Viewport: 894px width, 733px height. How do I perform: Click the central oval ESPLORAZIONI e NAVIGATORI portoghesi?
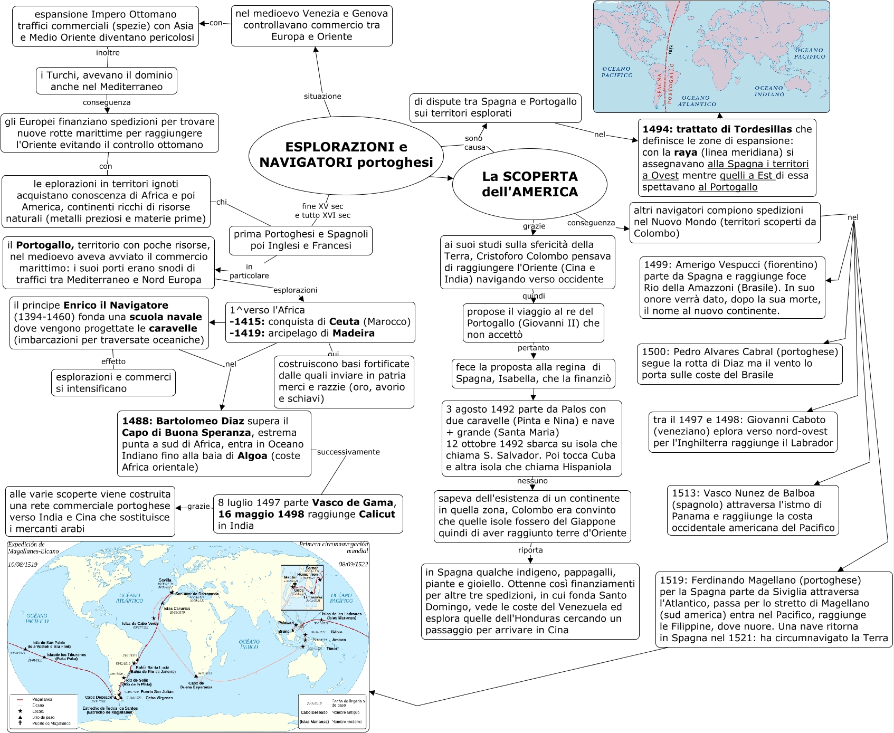pos(346,154)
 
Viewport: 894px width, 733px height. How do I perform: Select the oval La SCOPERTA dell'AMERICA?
pos(529,184)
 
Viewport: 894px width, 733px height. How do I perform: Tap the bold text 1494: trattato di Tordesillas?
pos(717,129)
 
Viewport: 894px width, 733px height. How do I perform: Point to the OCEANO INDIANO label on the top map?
pos(769,91)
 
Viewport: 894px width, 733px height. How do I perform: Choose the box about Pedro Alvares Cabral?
pos(739,363)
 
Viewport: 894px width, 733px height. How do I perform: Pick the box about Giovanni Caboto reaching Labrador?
pos(742,431)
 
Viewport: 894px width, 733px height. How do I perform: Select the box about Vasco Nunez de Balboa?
pos(753,510)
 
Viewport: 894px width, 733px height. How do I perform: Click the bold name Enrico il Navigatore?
pos(116,305)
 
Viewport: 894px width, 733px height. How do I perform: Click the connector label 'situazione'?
pos(322,96)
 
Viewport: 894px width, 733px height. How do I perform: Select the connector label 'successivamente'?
pos(348,452)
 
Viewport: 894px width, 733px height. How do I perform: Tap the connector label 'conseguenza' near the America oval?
pos(591,223)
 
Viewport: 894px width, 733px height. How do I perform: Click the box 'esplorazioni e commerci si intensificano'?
pos(113,383)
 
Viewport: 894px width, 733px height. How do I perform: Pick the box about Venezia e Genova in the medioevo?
pos(311,25)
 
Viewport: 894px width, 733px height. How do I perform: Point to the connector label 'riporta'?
pos(530,550)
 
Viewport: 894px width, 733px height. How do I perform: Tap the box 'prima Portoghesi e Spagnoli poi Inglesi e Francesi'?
pos(301,240)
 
